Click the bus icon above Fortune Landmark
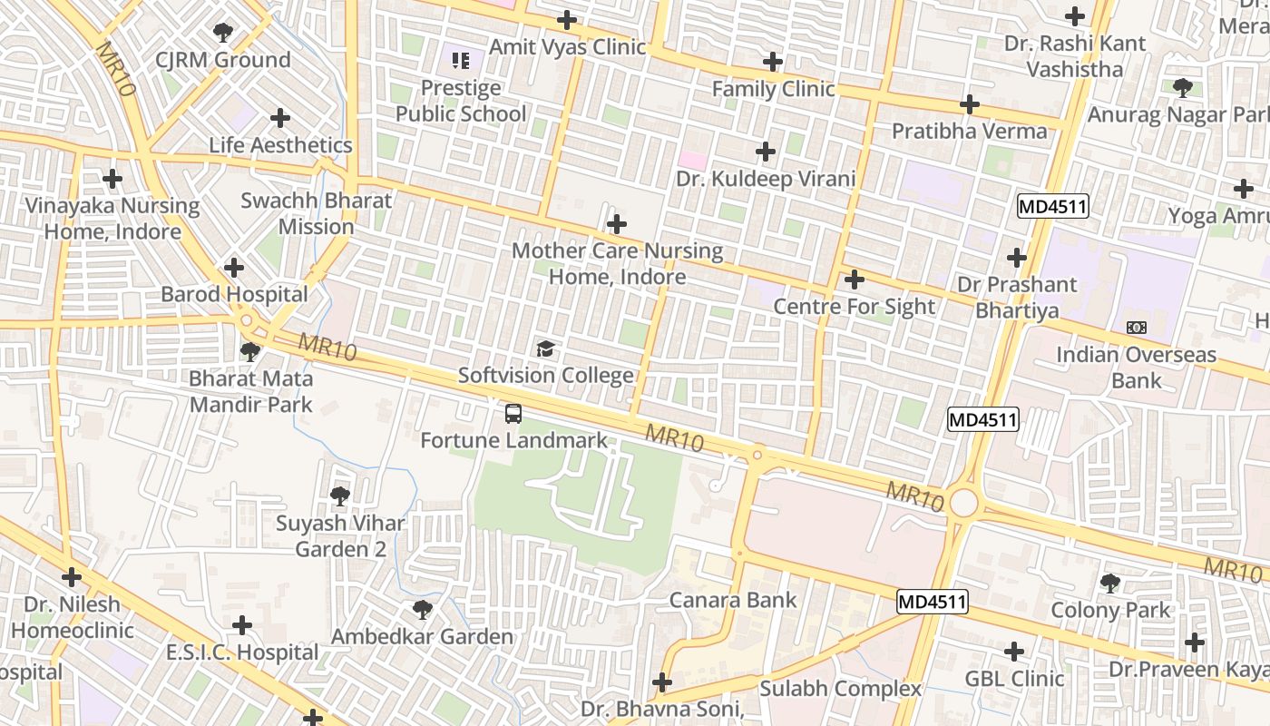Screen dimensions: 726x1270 click(513, 414)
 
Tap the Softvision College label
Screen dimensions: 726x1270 click(545, 376)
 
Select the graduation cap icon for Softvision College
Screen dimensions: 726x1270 click(545, 348)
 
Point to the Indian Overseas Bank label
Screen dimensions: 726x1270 click(1136, 367)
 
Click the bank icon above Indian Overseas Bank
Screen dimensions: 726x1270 click(1136, 327)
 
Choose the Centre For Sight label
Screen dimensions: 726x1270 click(853, 307)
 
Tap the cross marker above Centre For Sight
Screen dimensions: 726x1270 click(854, 280)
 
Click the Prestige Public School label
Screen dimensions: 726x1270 click(461, 101)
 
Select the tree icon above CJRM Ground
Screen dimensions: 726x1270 click(222, 34)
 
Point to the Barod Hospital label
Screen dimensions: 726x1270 click(234, 294)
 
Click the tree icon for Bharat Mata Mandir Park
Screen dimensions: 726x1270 click(250, 351)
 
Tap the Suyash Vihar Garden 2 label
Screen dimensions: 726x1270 click(340, 535)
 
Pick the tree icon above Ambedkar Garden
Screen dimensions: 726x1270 click(422, 609)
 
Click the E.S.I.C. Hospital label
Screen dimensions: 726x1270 click(242, 652)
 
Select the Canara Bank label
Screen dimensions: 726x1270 click(733, 600)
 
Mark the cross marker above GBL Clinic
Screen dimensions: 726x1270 click(1014, 651)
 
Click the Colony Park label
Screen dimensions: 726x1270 click(1110, 610)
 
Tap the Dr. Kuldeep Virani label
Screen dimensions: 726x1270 click(766, 179)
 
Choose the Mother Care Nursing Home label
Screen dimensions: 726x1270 click(618, 263)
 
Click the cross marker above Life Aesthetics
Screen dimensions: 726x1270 click(280, 118)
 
